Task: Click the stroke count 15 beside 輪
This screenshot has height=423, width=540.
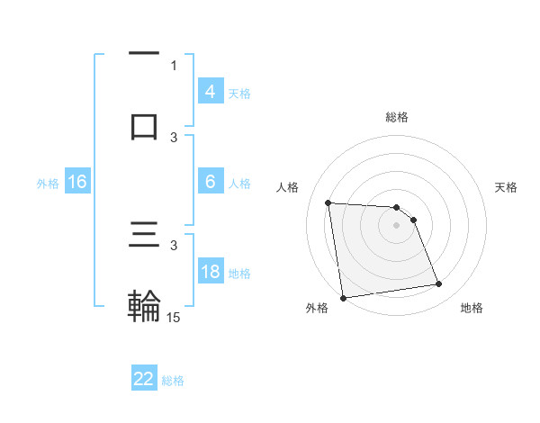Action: (x=174, y=317)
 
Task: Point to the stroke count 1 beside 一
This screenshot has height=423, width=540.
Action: (x=174, y=66)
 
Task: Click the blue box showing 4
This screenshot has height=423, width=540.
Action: (x=211, y=92)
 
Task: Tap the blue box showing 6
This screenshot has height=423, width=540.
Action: (x=211, y=182)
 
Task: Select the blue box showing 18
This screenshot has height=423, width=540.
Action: (x=211, y=272)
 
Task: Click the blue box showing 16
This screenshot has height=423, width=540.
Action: (x=77, y=182)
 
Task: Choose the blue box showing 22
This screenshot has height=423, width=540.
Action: (x=144, y=379)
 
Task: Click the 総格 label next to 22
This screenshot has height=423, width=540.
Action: (x=173, y=381)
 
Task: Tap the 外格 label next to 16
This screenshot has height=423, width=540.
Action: (x=48, y=183)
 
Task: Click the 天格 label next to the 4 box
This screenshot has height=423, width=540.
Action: (x=239, y=93)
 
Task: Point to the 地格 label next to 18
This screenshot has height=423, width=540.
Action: (x=239, y=273)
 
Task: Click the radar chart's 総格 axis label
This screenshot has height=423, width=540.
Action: (x=397, y=117)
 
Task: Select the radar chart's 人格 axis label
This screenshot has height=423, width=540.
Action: (x=289, y=186)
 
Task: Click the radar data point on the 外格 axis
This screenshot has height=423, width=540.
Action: (x=343, y=298)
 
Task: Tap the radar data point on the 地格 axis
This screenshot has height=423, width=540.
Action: (x=438, y=284)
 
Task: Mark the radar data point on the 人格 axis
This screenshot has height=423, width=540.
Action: (x=328, y=202)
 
